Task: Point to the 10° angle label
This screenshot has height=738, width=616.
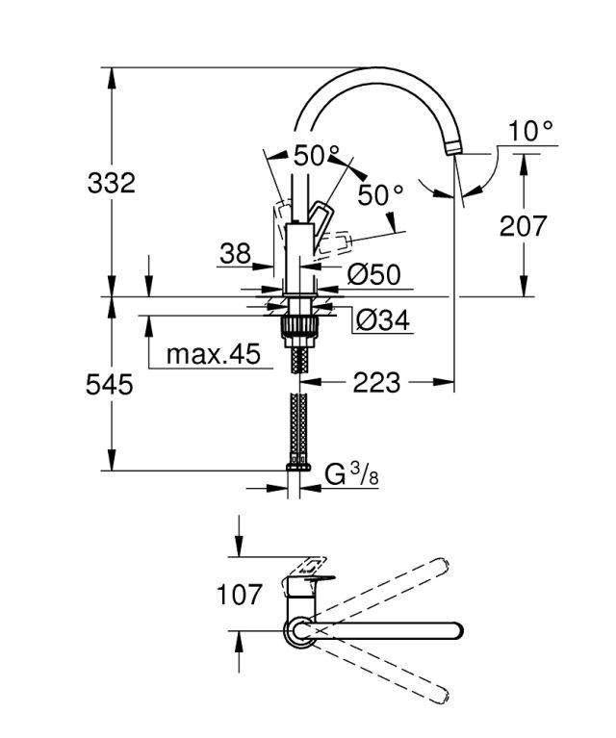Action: [531, 130]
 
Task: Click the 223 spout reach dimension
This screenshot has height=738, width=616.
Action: [375, 383]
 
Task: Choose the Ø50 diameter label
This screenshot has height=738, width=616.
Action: [373, 274]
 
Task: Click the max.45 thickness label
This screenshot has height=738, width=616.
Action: [214, 354]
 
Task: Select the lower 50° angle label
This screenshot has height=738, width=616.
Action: [380, 193]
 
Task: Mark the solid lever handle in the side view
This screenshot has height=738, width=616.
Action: [321, 214]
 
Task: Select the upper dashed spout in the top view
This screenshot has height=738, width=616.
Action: [385, 591]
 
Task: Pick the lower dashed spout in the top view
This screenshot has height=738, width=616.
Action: [385, 671]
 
